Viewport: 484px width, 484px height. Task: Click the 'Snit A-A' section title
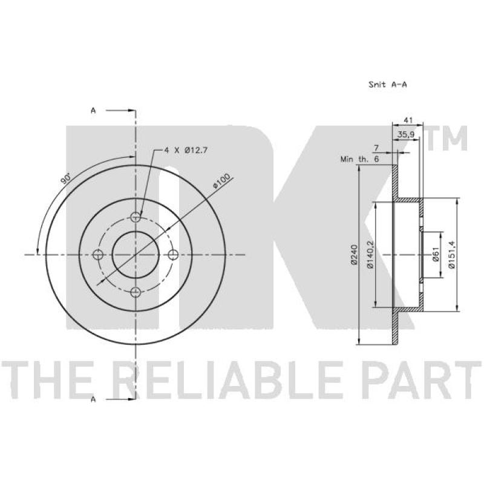coord(388,84)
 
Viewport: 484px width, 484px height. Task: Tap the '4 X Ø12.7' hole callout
coord(186,150)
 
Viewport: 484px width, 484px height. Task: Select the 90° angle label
coord(65,178)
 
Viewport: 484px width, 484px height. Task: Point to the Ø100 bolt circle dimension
coord(222,181)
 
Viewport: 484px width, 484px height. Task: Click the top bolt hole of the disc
coord(136,217)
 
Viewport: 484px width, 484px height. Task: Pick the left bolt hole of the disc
coord(98,255)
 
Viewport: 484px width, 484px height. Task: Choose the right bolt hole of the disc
coord(173,255)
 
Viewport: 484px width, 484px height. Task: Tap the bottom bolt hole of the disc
coord(136,292)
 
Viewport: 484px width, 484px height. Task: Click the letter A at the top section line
coord(93,110)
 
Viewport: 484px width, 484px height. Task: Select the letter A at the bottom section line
coord(93,399)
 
